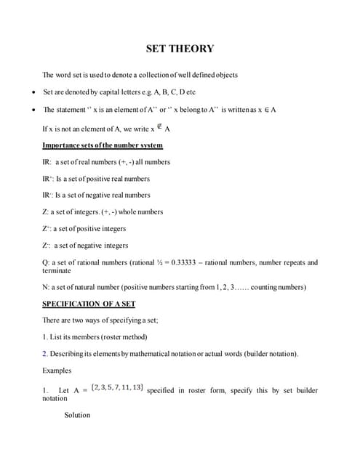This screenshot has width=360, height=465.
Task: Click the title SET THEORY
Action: tap(180, 49)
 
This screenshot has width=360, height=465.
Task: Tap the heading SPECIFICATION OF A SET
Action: tap(89, 303)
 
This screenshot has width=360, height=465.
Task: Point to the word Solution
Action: tap(77, 415)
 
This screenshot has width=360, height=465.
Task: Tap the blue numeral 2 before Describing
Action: tap(44, 354)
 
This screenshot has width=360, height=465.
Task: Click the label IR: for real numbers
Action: tap(47, 162)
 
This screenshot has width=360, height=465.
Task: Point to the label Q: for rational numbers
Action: tap(47, 262)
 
